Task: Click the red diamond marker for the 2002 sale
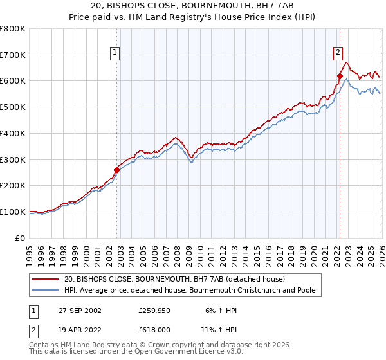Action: (x=116, y=170)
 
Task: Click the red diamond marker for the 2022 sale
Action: (x=339, y=76)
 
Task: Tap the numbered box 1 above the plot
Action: (x=115, y=53)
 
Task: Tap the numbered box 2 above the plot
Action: (x=338, y=53)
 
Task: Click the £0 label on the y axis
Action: (x=21, y=238)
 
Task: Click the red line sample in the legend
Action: (x=46, y=280)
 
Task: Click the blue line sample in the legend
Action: (x=46, y=290)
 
